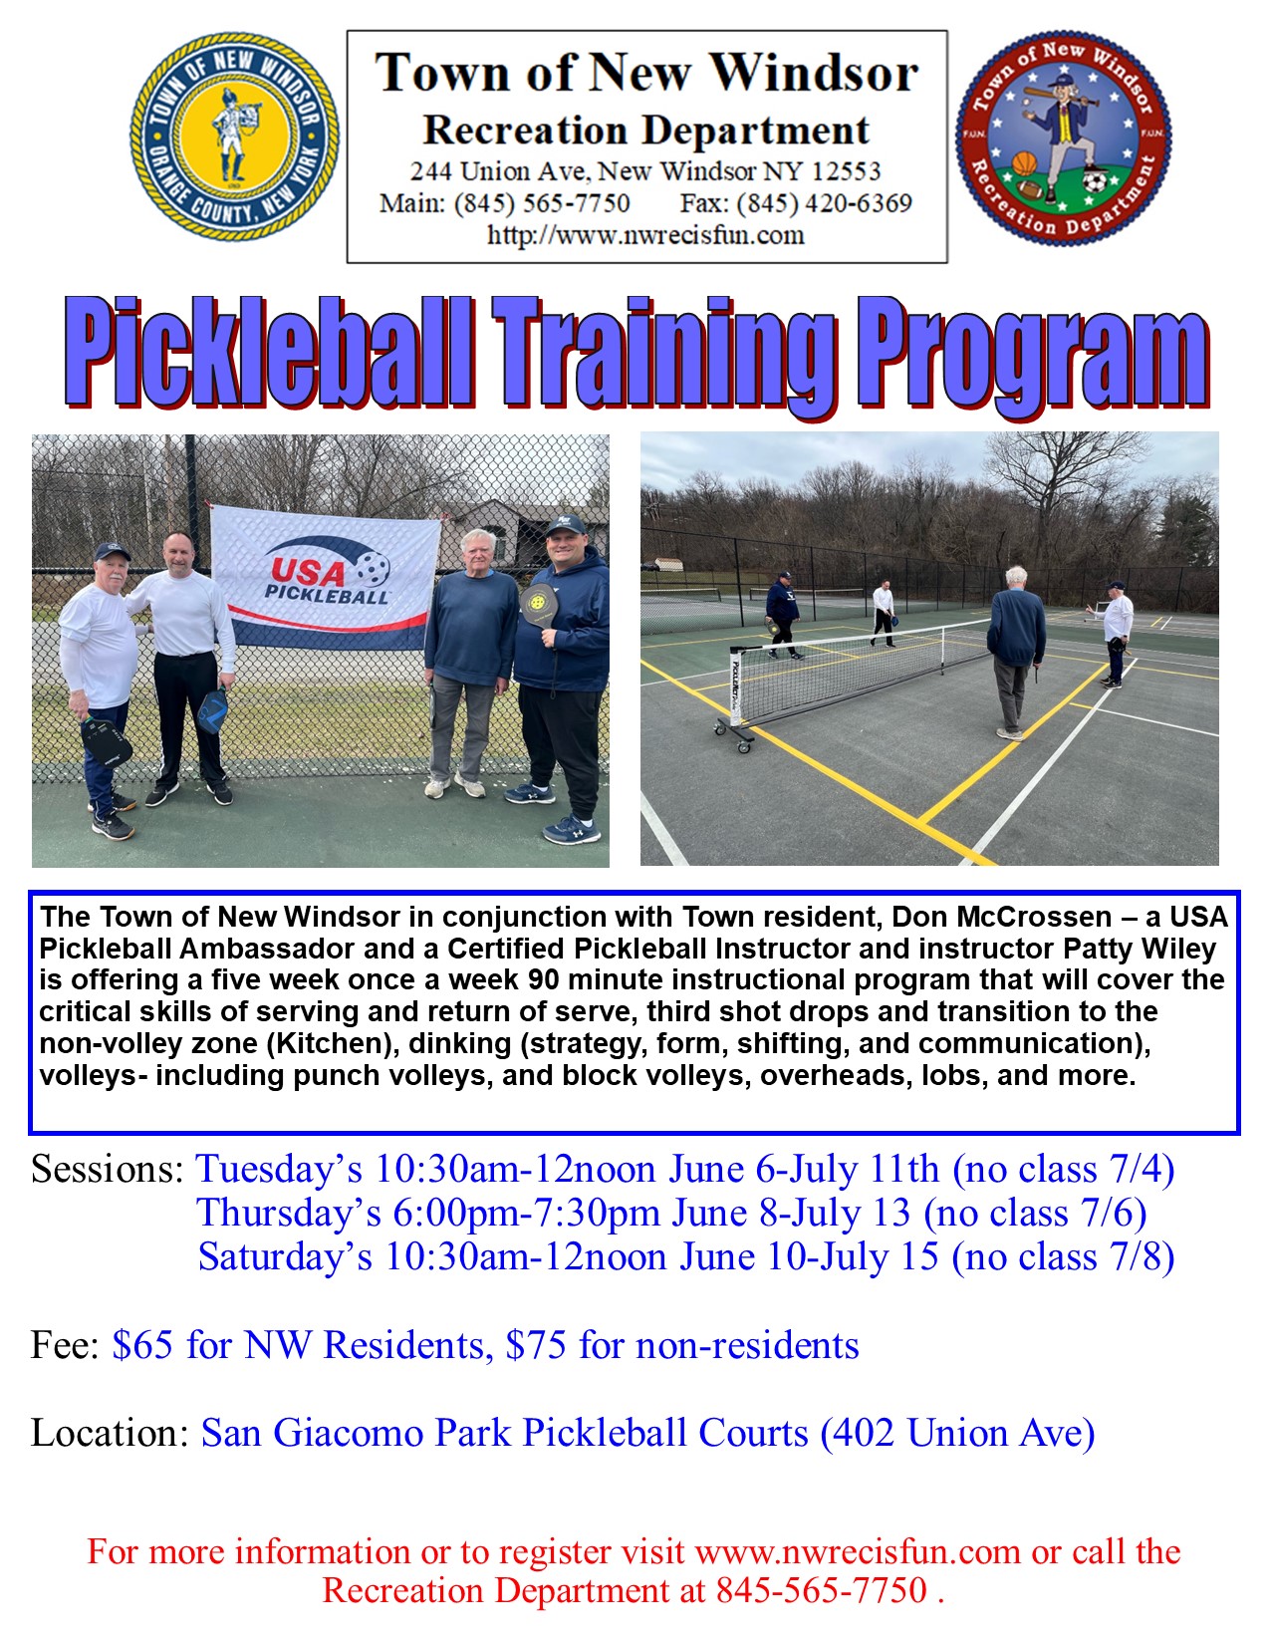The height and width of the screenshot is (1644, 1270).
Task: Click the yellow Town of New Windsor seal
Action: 234,137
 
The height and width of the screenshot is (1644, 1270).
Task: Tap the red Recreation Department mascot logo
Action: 1063,137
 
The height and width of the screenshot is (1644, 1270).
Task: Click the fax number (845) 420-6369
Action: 797,203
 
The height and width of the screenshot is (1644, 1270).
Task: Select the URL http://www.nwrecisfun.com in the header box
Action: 645,235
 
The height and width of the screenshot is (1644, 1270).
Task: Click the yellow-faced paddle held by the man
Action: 539,605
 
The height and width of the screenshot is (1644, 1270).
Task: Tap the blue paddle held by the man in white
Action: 212,709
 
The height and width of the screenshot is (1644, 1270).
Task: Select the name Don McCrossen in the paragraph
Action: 1001,917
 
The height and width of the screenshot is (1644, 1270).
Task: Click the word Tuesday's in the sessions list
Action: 279,1170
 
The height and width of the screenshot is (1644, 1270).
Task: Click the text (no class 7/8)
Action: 1063,1257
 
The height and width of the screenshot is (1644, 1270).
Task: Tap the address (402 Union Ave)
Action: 957,1434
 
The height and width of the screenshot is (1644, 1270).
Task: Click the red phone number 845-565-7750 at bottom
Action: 822,1590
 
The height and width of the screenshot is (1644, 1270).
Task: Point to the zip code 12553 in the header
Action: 846,171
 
